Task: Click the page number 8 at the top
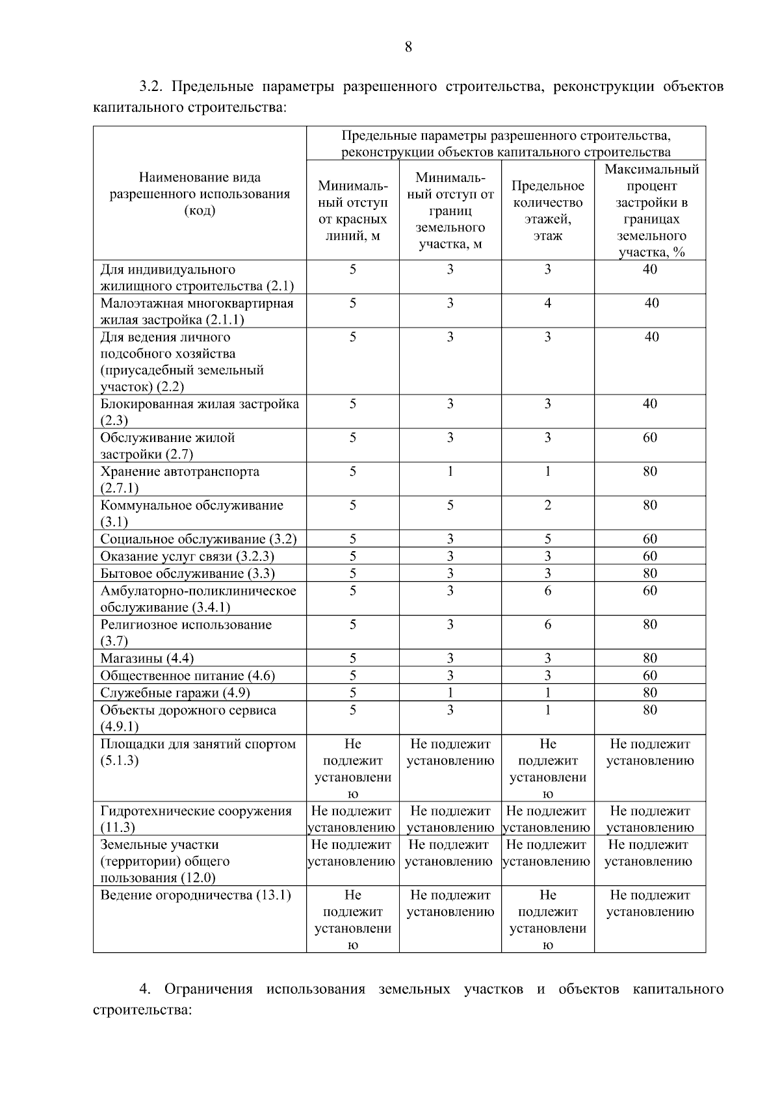(x=408, y=47)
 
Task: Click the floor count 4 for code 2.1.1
(x=547, y=304)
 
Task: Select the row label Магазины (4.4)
(x=147, y=659)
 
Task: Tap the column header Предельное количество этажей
(x=547, y=211)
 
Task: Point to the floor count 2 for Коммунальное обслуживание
(x=547, y=506)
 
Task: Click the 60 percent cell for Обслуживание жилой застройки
(x=650, y=438)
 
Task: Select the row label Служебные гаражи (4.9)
(x=175, y=693)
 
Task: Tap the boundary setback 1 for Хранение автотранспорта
(x=450, y=472)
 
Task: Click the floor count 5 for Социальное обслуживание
(x=547, y=539)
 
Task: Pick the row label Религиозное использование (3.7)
(x=186, y=632)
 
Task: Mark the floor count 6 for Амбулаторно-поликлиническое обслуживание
(x=547, y=591)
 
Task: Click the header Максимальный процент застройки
(x=651, y=211)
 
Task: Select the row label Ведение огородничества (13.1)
(x=195, y=896)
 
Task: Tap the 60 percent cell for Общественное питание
(x=650, y=676)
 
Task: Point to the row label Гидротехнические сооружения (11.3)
(x=196, y=819)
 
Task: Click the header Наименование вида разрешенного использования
(x=200, y=194)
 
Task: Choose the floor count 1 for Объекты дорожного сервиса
(x=547, y=710)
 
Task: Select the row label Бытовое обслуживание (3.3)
(x=187, y=574)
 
